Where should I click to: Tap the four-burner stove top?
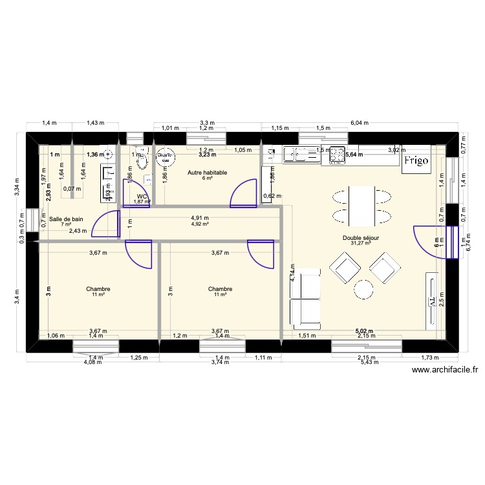[x=336, y=155]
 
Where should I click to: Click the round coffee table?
[x=364, y=288]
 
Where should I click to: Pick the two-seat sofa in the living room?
[x=305, y=298]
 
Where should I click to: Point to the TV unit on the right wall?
[x=431, y=299]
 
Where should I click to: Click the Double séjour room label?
[x=361, y=238]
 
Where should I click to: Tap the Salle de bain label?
[x=66, y=219]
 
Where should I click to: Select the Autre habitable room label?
[x=207, y=173]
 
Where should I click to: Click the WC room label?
[x=142, y=196]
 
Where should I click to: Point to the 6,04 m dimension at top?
[x=356, y=122]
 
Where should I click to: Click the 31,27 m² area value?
[x=361, y=244]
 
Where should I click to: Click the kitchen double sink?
[x=299, y=154]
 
